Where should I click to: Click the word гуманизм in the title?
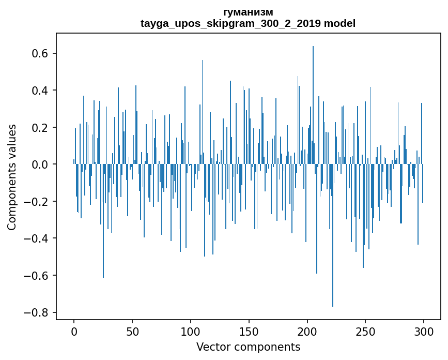248,12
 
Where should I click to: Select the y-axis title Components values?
12,177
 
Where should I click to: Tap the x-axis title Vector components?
248,347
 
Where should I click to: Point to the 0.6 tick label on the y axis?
40,54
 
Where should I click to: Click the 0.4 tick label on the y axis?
40,91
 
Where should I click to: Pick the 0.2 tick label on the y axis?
40,128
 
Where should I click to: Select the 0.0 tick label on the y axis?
40,164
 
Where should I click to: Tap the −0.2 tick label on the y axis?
37,202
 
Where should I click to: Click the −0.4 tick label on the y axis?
37,238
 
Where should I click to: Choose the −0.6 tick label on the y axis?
37,276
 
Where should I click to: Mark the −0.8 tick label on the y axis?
37,312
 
